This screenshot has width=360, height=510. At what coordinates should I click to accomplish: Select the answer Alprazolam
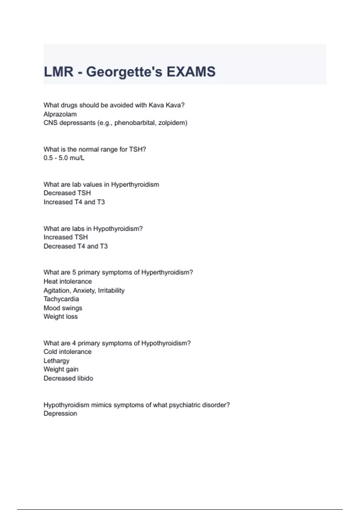[60, 114]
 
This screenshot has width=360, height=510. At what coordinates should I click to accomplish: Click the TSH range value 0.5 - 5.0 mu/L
[64, 158]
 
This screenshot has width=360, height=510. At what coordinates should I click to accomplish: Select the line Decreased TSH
[67, 193]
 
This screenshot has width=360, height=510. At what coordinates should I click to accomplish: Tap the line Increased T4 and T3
[74, 202]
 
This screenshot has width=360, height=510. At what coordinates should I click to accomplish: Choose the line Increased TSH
[66, 237]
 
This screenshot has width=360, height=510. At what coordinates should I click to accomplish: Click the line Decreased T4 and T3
[76, 246]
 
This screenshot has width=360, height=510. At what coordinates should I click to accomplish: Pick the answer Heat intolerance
[68, 281]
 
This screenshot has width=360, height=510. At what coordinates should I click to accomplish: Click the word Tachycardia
[61, 299]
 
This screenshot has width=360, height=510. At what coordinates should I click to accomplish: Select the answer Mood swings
[63, 308]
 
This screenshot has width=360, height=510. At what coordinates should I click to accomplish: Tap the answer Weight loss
[61, 316]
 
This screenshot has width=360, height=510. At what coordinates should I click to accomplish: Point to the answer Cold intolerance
[67, 352]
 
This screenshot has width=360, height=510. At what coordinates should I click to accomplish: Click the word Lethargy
[56, 361]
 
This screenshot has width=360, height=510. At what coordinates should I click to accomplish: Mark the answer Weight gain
[61, 369]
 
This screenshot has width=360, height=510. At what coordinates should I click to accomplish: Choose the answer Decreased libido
[68, 378]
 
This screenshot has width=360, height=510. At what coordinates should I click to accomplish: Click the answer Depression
[60, 413]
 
